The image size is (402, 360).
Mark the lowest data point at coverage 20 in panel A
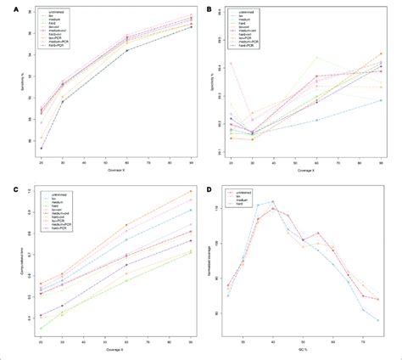42,148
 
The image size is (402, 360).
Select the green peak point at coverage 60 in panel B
317,57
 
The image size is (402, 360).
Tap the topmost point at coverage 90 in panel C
191,191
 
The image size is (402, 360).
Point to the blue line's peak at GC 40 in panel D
272,201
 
